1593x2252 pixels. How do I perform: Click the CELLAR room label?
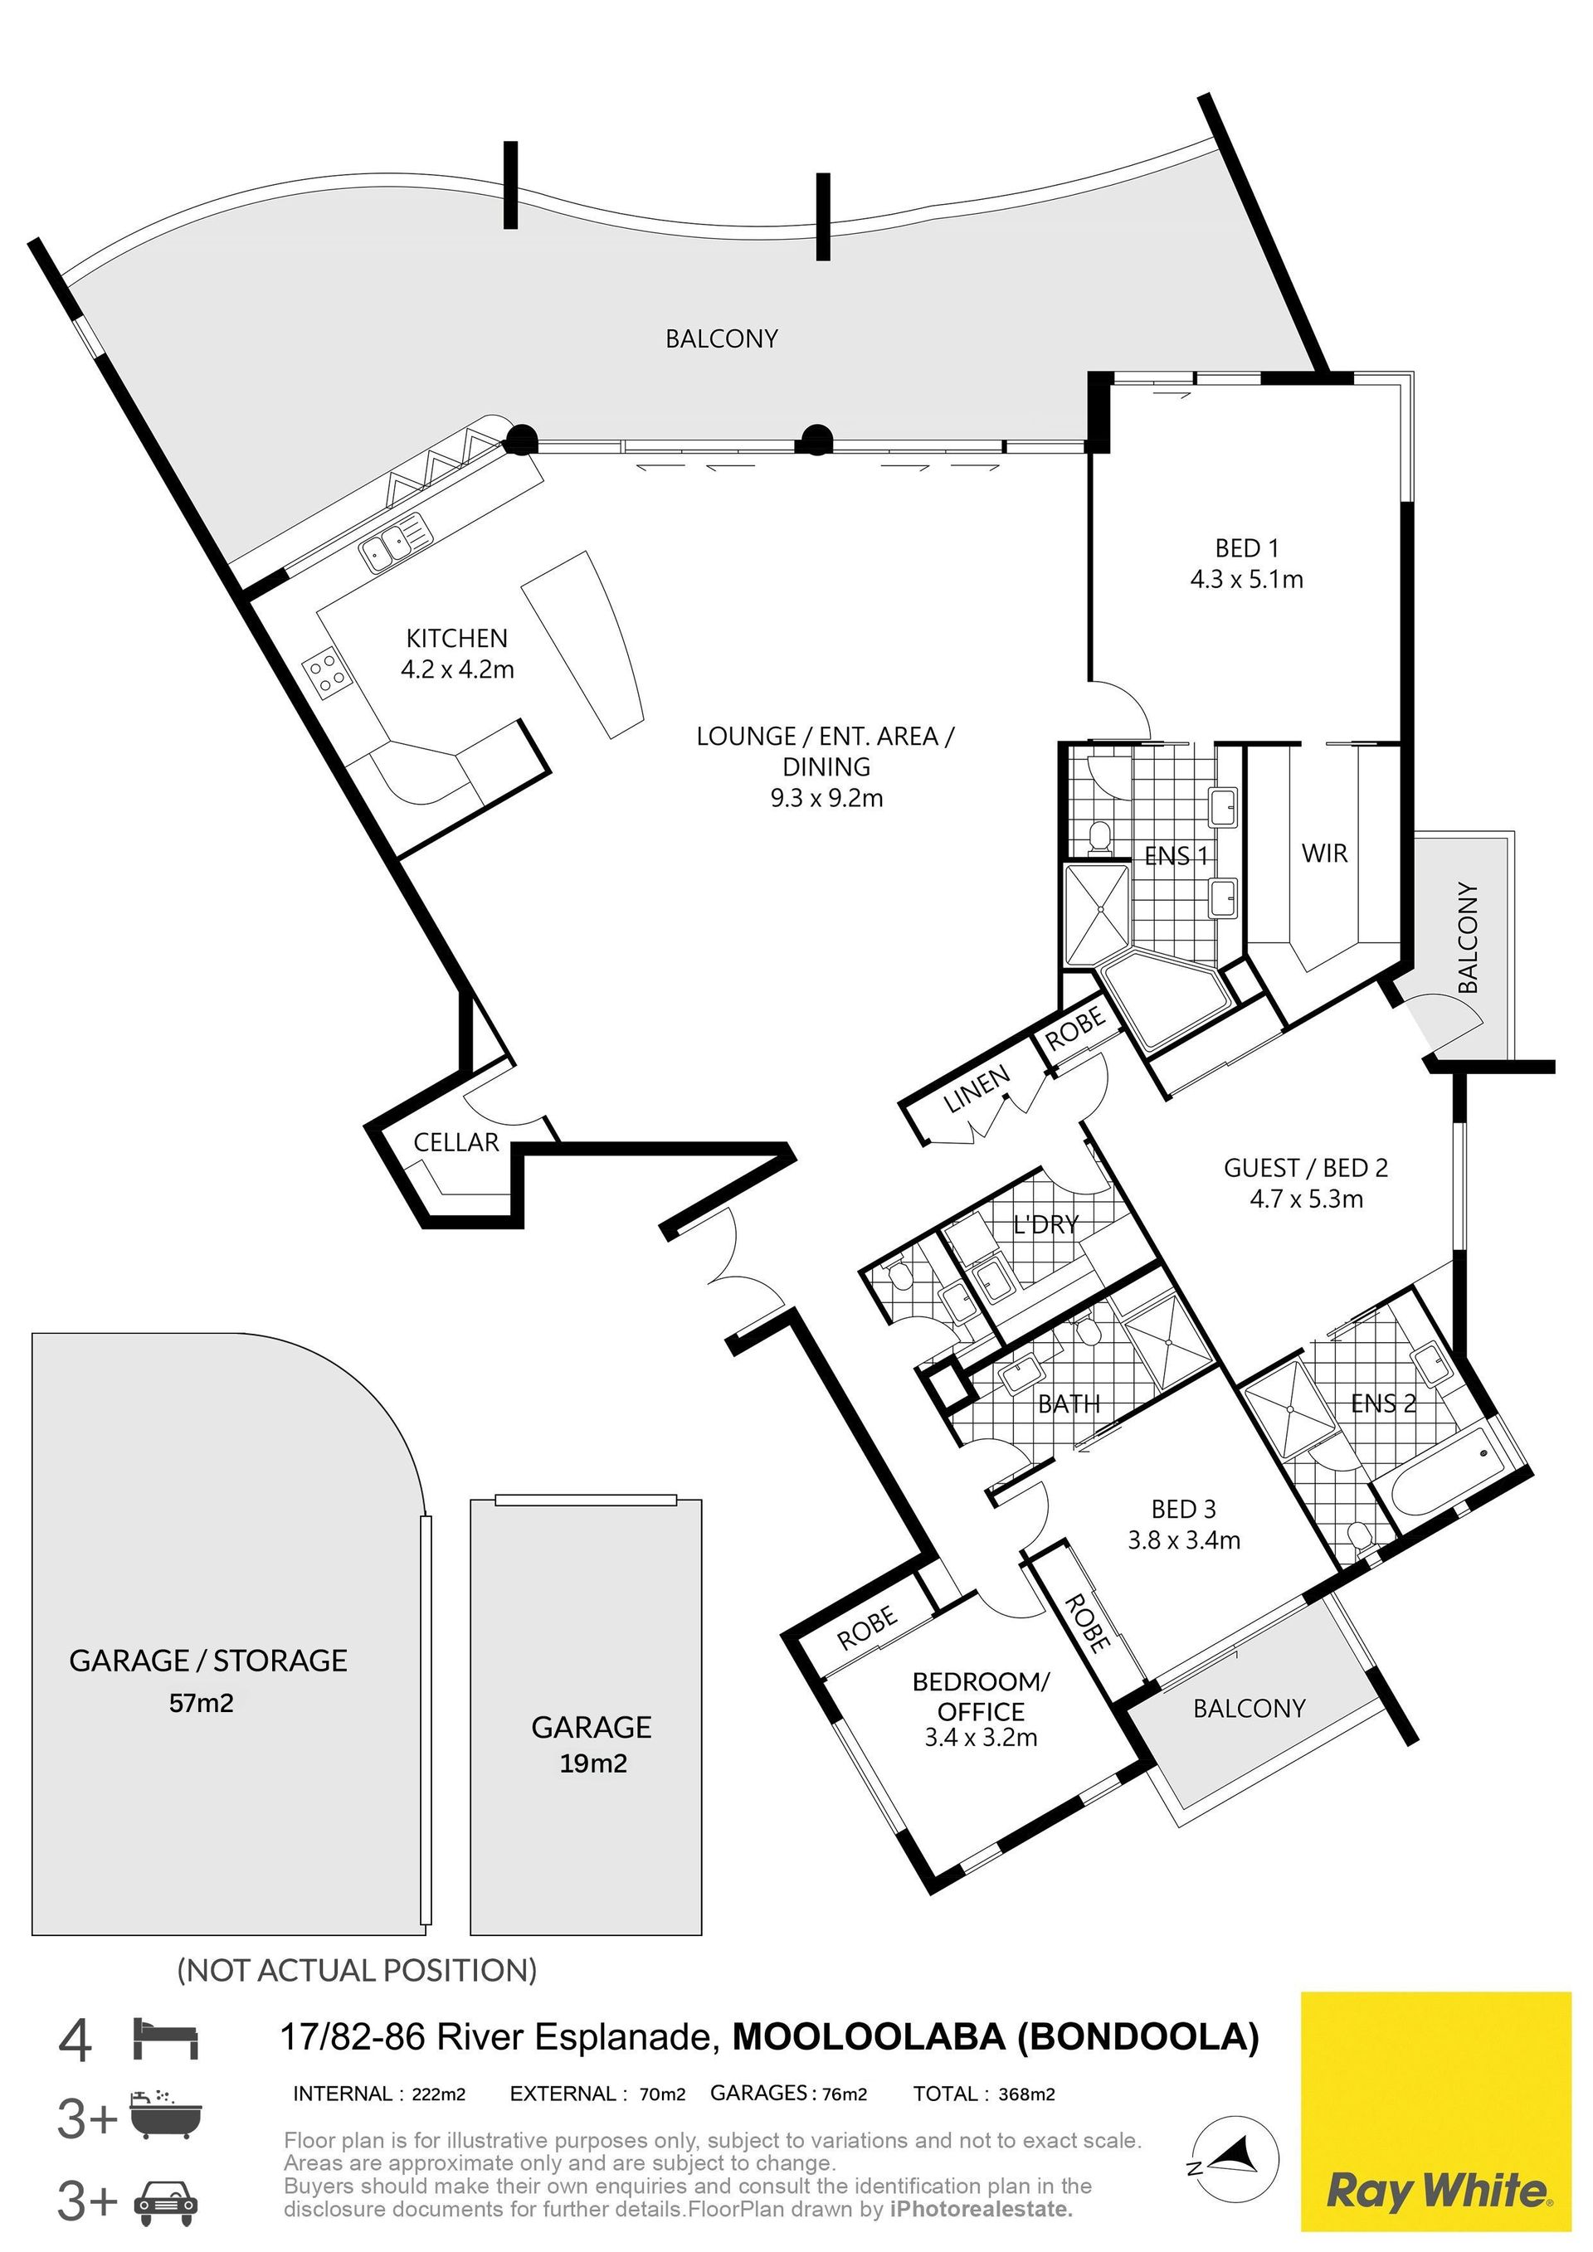(x=456, y=1141)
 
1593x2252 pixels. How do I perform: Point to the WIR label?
(x=1324, y=854)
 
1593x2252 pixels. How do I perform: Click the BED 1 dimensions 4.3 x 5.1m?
(x=1247, y=580)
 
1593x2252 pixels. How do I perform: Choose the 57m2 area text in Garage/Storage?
(x=202, y=1703)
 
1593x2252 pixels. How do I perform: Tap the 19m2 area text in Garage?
(x=593, y=1763)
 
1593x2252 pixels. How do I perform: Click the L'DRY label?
(x=1045, y=1224)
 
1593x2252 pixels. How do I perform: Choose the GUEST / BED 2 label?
(x=1306, y=1167)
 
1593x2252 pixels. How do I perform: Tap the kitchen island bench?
(x=585, y=644)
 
